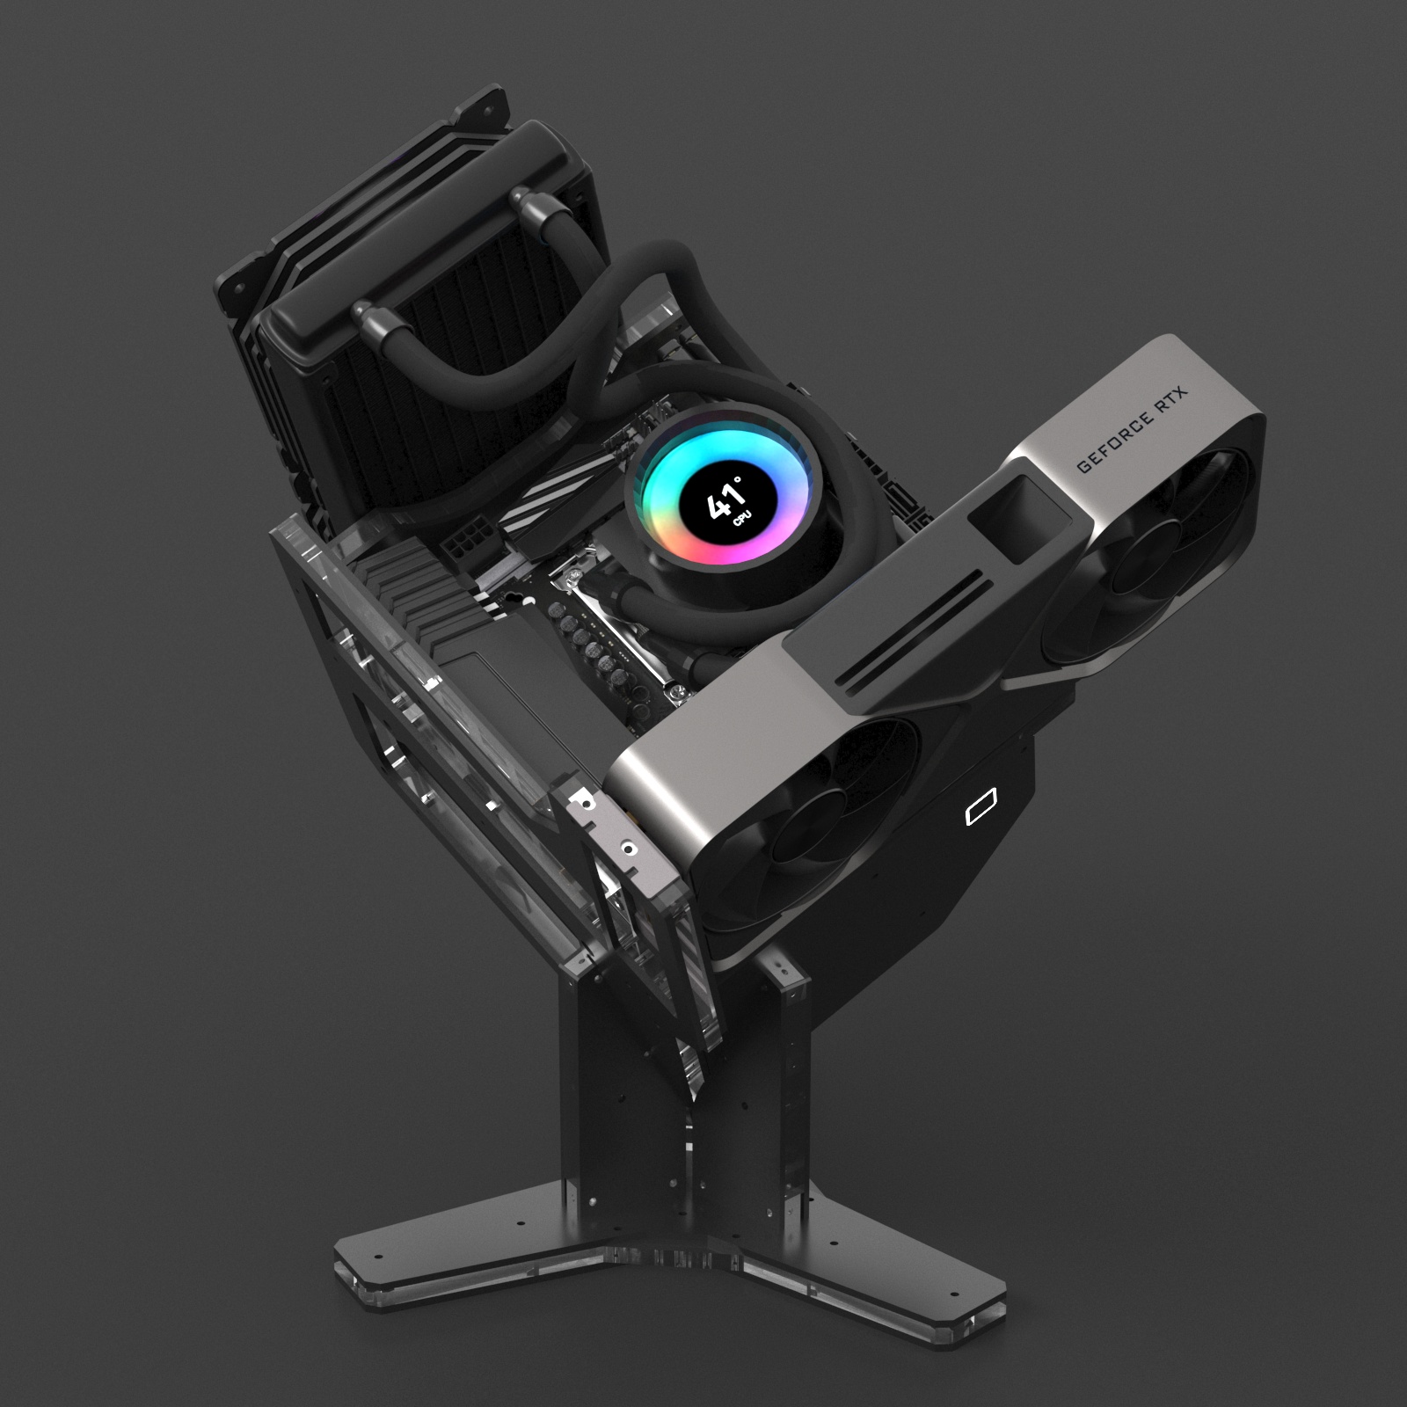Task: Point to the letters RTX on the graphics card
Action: tap(1170, 402)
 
